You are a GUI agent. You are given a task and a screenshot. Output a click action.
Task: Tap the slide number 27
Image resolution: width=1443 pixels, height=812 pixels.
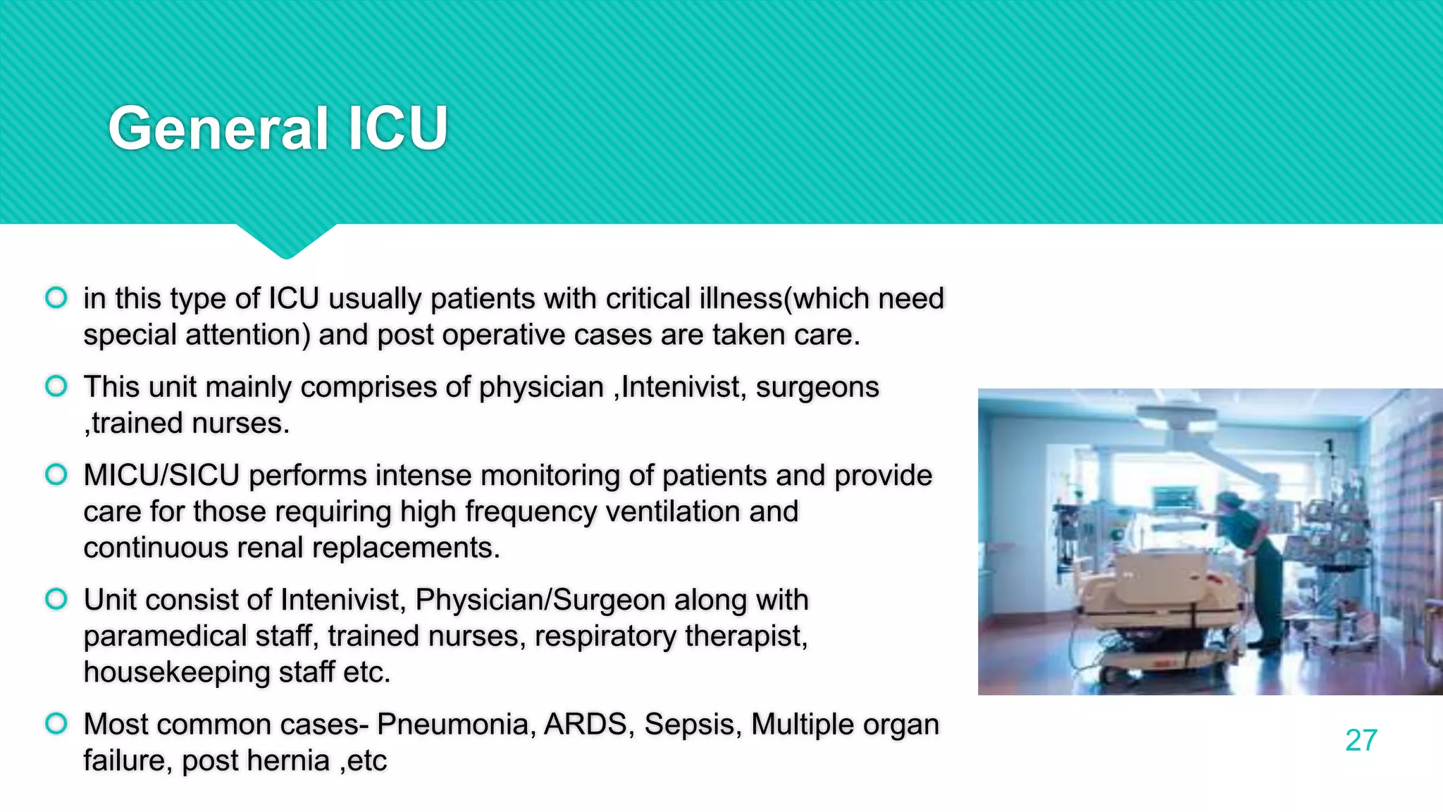1361,740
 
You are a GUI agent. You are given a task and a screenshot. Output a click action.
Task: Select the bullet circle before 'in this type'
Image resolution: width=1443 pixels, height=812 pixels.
56,297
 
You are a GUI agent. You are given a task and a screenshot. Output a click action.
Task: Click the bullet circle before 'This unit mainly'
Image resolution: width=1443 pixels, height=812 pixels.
56,386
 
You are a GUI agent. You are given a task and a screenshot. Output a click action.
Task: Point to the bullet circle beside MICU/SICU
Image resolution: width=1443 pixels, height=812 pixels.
56,474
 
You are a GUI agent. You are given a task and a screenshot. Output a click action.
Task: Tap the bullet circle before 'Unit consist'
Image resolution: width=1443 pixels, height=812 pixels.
56,599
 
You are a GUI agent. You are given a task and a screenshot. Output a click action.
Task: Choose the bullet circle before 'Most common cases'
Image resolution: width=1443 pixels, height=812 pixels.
56,723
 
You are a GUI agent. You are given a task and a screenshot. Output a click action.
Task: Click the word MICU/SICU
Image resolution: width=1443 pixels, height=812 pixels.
161,475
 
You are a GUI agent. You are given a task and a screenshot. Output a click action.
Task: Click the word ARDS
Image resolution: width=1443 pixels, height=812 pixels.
586,725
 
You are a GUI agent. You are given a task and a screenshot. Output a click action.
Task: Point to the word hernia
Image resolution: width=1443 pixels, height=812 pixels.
291,761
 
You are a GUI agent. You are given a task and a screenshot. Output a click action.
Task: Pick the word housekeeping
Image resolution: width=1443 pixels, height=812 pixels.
177,672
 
